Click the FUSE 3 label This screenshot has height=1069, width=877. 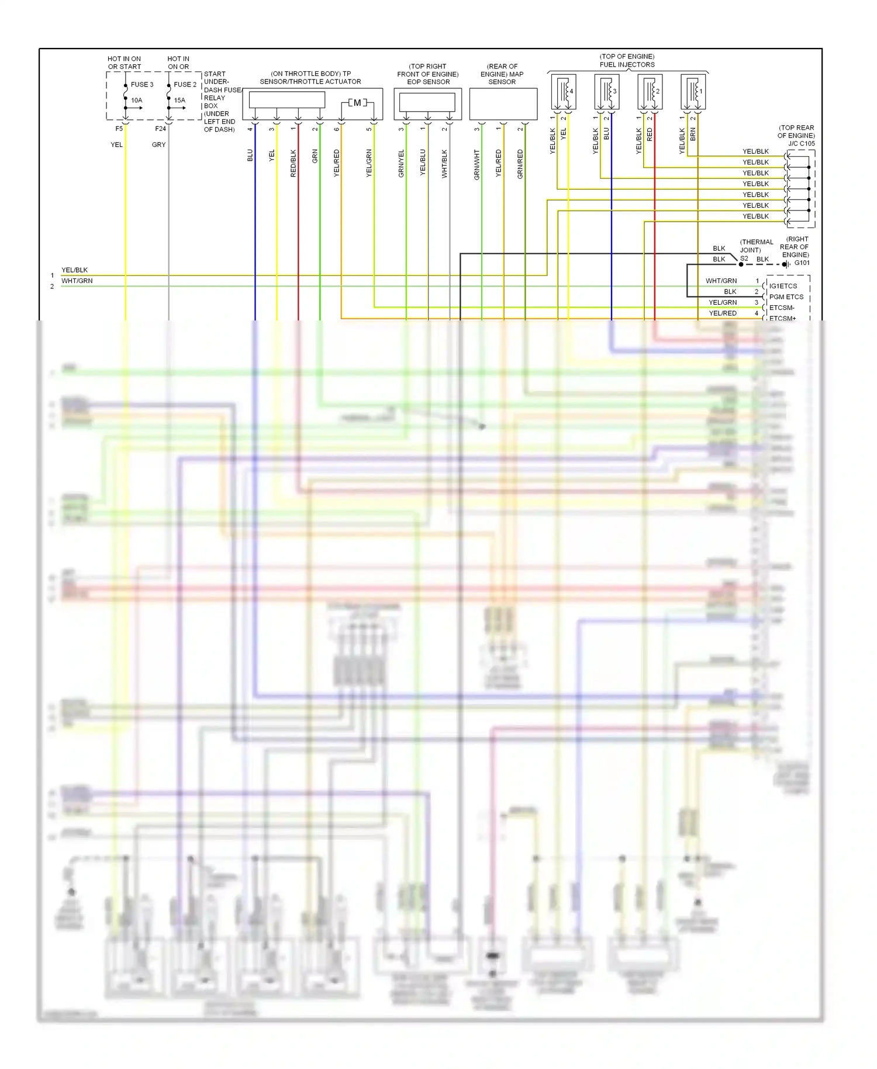click(142, 84)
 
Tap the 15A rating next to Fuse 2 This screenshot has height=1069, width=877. click(179, 100)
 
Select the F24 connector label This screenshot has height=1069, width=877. click(160, 129)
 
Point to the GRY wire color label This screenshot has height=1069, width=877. click(158, 144)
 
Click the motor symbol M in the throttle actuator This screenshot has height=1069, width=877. click(357, 103)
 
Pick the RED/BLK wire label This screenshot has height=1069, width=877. click(294, 163)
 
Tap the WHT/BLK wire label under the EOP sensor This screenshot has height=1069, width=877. click(444, 163)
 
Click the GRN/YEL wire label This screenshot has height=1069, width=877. click(401, 163)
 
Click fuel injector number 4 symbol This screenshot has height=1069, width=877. click(564, 92)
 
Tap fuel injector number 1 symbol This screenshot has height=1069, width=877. click(693, 92)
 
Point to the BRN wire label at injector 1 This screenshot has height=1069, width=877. click(693, 135)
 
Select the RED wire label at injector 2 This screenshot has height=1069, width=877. click(650, 135)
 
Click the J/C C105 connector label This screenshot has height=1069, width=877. click(801, 143)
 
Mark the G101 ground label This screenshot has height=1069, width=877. click(802, 263)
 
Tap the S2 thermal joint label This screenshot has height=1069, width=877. click(744, 258)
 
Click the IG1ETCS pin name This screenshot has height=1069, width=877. click(783, 286)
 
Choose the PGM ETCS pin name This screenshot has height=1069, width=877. click(786, 297)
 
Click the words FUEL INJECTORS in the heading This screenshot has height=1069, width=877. click(627, 64)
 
